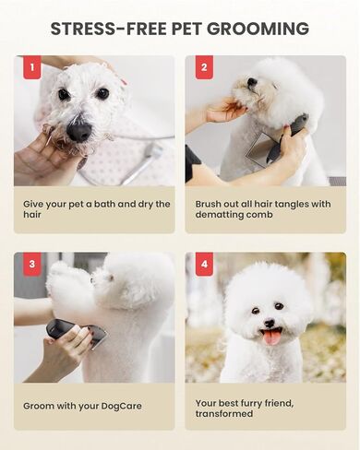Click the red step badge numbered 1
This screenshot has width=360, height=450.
[x=31, y=67]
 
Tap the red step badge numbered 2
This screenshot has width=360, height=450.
[x=203, y=67]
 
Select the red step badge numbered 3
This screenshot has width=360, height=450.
[x=31, y=264]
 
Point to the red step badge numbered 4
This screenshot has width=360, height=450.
[x=203, y=264]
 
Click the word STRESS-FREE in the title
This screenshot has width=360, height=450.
[x=103, y=29]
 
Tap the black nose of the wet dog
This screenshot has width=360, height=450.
[x=79, y=131]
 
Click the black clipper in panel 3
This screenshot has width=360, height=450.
[x=74, y=331]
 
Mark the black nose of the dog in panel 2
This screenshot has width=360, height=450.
[x=250, y=82]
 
